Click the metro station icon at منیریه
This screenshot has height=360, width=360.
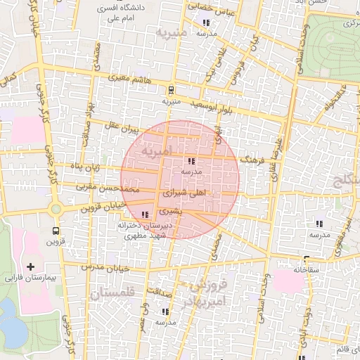pyautogui.click(x=170, y=89)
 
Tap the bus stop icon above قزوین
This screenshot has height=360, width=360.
pyautogui.click(x=56, y=230)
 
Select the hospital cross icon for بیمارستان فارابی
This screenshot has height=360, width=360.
pyautogui.click(x=30, y=267)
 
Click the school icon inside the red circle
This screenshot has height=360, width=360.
pyautogui.click(x=192, y=161)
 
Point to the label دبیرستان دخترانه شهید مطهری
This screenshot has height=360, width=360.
pyautogui.click(x=145, y=231)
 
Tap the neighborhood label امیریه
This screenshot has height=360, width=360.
pyautogui.click(x=155, y=150)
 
